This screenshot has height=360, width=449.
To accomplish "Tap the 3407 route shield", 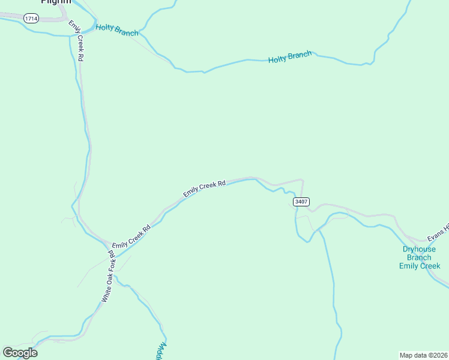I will tap(301, 202).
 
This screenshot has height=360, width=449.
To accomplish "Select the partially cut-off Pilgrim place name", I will tap(56, 2).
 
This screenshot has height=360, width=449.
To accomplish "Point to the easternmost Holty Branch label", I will tap(290, 58).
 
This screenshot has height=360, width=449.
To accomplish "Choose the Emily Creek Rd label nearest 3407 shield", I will tap(204, 188).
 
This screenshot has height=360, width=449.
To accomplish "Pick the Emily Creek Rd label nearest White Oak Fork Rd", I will tap(130, 236).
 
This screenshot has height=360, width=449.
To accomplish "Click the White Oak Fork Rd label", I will tap(107, 276).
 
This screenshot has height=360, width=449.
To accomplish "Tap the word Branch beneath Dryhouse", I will tap(417, 257).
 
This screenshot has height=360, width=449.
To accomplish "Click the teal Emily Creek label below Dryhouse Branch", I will tap(420, 266).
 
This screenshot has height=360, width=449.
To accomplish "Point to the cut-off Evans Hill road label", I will tap(438, 233).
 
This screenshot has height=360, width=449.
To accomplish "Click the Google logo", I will tap(20, 352).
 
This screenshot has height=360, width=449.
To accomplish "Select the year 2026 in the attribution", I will tap(439, 355).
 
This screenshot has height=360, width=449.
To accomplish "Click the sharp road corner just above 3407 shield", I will tap(301, 179).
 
